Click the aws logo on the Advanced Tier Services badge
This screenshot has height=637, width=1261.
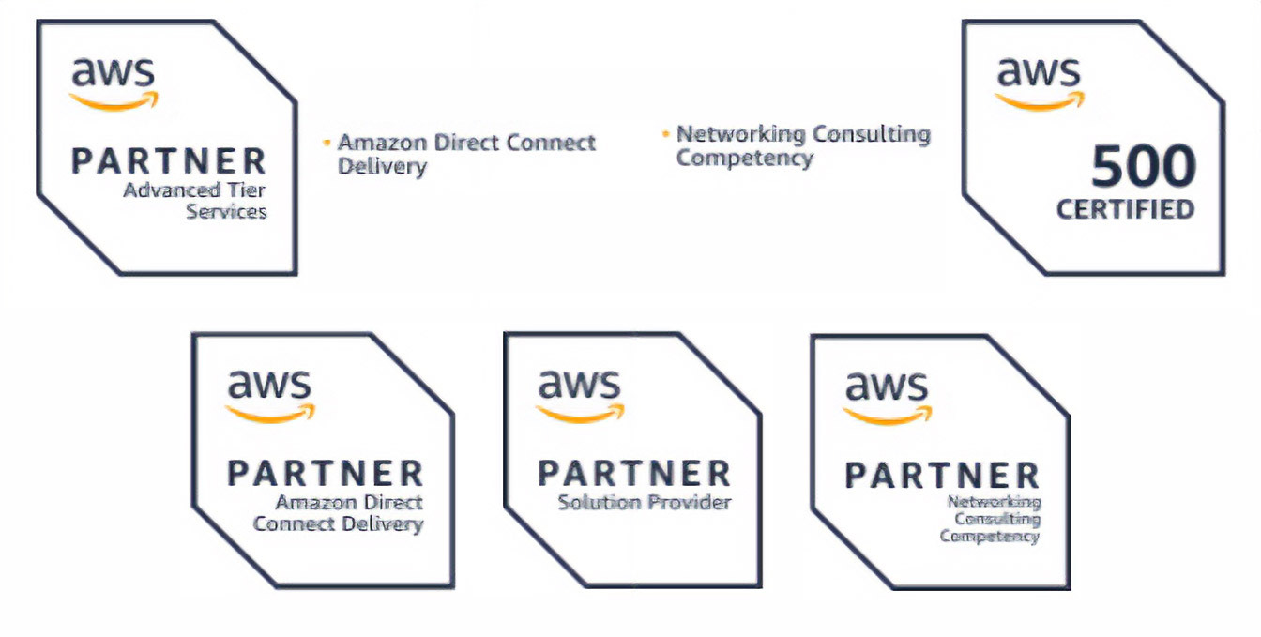point(114,82)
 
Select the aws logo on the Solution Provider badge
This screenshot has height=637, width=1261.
point(580,393)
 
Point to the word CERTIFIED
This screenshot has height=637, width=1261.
point(1126,208)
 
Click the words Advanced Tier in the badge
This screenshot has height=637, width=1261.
point(194,190)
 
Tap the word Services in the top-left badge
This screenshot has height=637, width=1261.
point(226,211)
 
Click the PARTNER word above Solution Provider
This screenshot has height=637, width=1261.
point(634,473)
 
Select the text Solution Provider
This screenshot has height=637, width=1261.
point(644,502)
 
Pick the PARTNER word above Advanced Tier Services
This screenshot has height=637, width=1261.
point(169,161)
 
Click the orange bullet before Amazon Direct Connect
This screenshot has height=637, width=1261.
point(327,143)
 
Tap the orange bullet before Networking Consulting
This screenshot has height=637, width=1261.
point(665,134)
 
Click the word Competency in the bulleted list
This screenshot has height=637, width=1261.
point(744,158)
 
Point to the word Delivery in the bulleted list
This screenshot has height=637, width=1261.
point(382,167)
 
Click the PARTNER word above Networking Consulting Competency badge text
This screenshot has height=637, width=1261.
point(942,475)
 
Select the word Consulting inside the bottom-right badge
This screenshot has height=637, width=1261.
point(997,519)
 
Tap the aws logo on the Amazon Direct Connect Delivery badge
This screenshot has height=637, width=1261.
point(269,393)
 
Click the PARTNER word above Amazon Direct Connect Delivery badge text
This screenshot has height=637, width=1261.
point(325,473)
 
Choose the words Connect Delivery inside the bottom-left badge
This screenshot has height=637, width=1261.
point(338,523)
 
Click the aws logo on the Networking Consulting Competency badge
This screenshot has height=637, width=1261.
point(887,395)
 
